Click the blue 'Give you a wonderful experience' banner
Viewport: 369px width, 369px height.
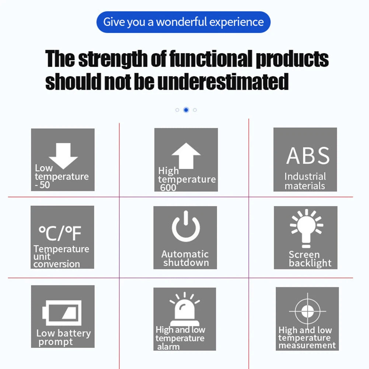coord(183,22)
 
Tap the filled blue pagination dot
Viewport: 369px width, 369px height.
coord(186,110)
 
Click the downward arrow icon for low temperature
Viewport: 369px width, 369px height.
coord(63,156)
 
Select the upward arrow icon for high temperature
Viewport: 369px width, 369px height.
coord(186,156)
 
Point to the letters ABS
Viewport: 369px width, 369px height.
coord(308,156)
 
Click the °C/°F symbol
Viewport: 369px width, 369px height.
coord(60,233)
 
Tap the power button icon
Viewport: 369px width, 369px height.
coord(186,226)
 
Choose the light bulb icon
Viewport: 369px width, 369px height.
coord(306,228)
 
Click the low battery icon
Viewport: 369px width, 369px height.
coord(62,313)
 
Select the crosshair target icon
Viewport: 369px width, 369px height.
coord(307,311)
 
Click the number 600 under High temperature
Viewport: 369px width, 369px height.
coord(168,188)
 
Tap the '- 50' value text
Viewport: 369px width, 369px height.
coord(42,185)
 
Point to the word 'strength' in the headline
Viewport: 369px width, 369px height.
coord(113,59)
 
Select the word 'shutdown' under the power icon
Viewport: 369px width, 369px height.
coord(186,262)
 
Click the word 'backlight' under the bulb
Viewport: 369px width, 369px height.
coord(310,263)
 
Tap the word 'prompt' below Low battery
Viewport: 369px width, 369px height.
coord(56,342)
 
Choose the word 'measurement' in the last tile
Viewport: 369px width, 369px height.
coord(307,345)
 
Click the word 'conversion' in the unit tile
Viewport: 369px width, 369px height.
coord(56,264)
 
